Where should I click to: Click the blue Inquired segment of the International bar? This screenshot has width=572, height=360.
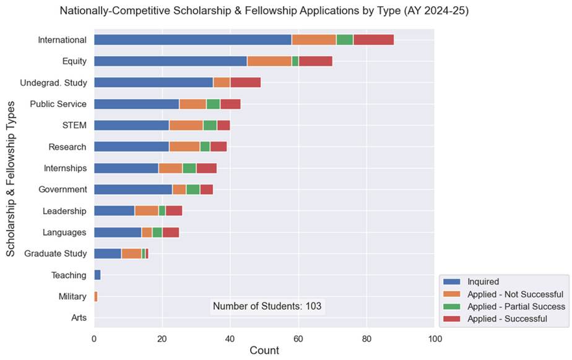[x=193, y=40]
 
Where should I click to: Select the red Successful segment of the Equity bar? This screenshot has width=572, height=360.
[x=315, y=61]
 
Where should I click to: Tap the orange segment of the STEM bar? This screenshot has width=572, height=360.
[x=186, y=126]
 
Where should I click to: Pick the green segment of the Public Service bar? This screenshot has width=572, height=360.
[x=213, y=104]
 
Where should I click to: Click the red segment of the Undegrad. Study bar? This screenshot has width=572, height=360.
[x=245, y=82]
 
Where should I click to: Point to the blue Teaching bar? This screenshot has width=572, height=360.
[x=97, y=275]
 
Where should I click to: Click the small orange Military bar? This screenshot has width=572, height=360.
[x=95, y=297]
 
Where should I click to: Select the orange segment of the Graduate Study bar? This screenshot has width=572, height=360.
[x=131, y=254]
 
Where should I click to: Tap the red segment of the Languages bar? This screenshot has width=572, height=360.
[x=170, y=233]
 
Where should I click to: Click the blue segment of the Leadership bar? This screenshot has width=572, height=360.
[x=114, y=211]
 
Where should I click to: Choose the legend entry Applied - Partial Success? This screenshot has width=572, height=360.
[x=516, y=306]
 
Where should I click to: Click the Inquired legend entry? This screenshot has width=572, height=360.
[x=483, y=281]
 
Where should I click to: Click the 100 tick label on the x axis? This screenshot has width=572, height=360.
[x=435, y=338]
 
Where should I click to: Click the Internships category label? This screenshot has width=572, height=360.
[x=65, y=168]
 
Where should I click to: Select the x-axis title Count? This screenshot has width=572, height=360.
[x=264, y=351]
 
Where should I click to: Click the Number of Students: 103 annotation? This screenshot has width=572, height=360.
[x=267, y=306]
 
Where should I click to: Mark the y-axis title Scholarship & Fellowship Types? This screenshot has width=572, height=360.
[x=11, y=179]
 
